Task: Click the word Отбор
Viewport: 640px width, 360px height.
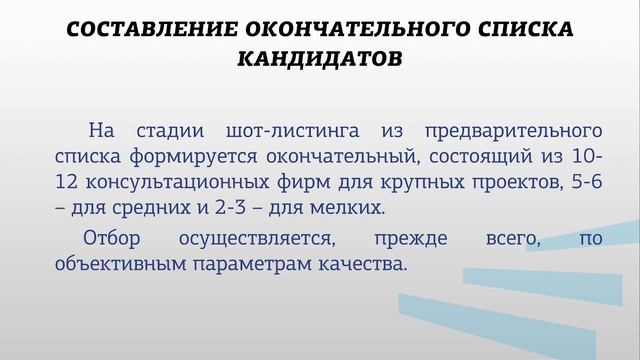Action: [111, 239]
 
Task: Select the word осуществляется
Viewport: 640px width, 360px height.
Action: [258, 240]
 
